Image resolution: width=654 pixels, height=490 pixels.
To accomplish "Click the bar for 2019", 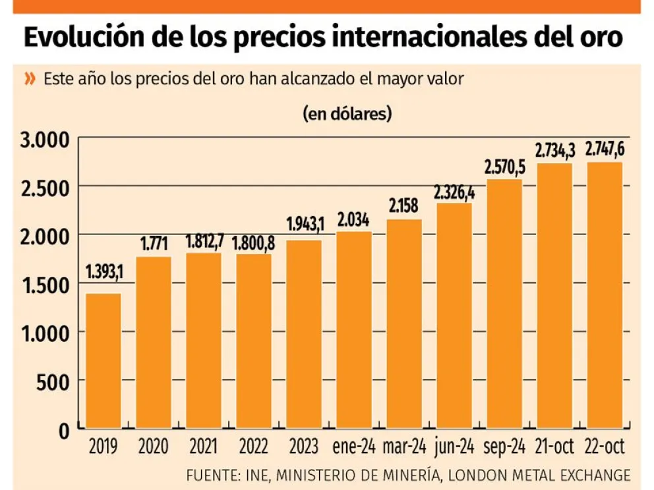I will (x=104, y=361).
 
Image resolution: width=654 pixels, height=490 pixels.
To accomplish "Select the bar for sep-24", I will (x=504, y=304).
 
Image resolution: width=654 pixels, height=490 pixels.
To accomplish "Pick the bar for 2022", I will (x=254, y=341).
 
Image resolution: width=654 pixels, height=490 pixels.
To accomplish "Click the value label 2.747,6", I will (x=605, y=150).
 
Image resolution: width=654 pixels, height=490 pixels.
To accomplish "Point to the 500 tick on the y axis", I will (x=55, y=382).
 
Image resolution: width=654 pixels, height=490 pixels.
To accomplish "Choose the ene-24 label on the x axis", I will (x=354, y=448).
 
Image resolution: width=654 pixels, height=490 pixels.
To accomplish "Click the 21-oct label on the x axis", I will (x=554, y=448).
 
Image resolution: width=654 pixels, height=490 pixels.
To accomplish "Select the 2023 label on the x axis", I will (x=304, y=448).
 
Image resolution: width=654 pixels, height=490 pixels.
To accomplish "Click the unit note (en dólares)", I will (x=347, y=113).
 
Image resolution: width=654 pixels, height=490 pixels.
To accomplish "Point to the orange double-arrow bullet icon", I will (x=30, y=79).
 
